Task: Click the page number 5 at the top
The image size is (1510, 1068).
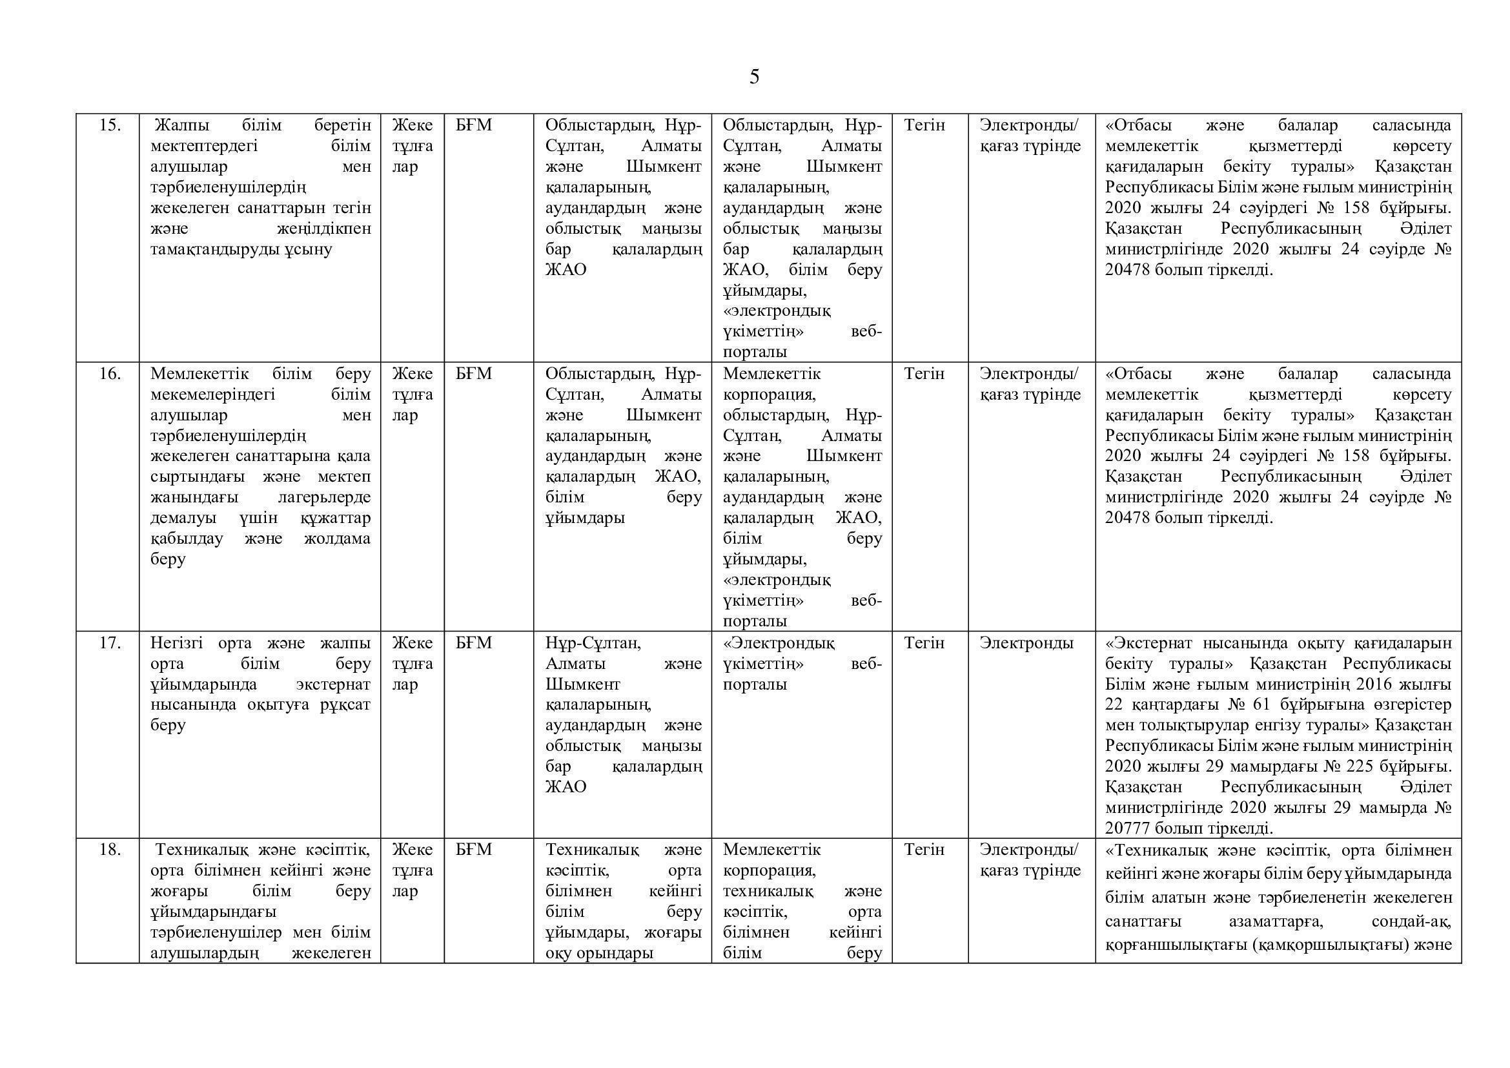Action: (753, 77)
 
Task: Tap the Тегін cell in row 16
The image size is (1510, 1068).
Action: (924, 373)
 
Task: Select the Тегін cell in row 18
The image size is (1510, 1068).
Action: (924, 849)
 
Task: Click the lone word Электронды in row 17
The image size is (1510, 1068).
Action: (1026, 642)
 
